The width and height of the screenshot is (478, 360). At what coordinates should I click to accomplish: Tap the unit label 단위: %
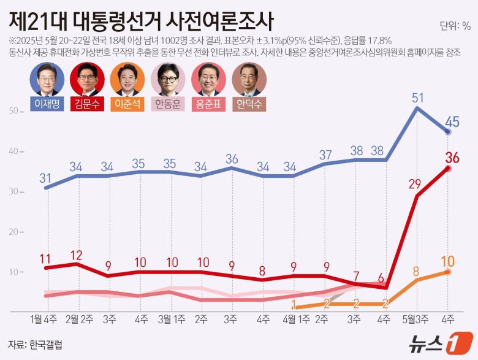tap(455, 26)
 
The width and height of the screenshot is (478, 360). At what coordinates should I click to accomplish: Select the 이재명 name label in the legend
tap(47, 104)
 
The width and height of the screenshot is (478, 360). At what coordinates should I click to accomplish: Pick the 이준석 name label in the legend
tap(127, 104)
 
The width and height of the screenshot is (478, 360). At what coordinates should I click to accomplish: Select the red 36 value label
tap(453, 158)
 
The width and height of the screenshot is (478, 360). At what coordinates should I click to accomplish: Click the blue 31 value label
tap(46, 178)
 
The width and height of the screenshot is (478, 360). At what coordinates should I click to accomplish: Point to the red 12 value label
tap(77, 255)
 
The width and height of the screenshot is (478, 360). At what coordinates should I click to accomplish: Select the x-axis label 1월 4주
tap(44, 319)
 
